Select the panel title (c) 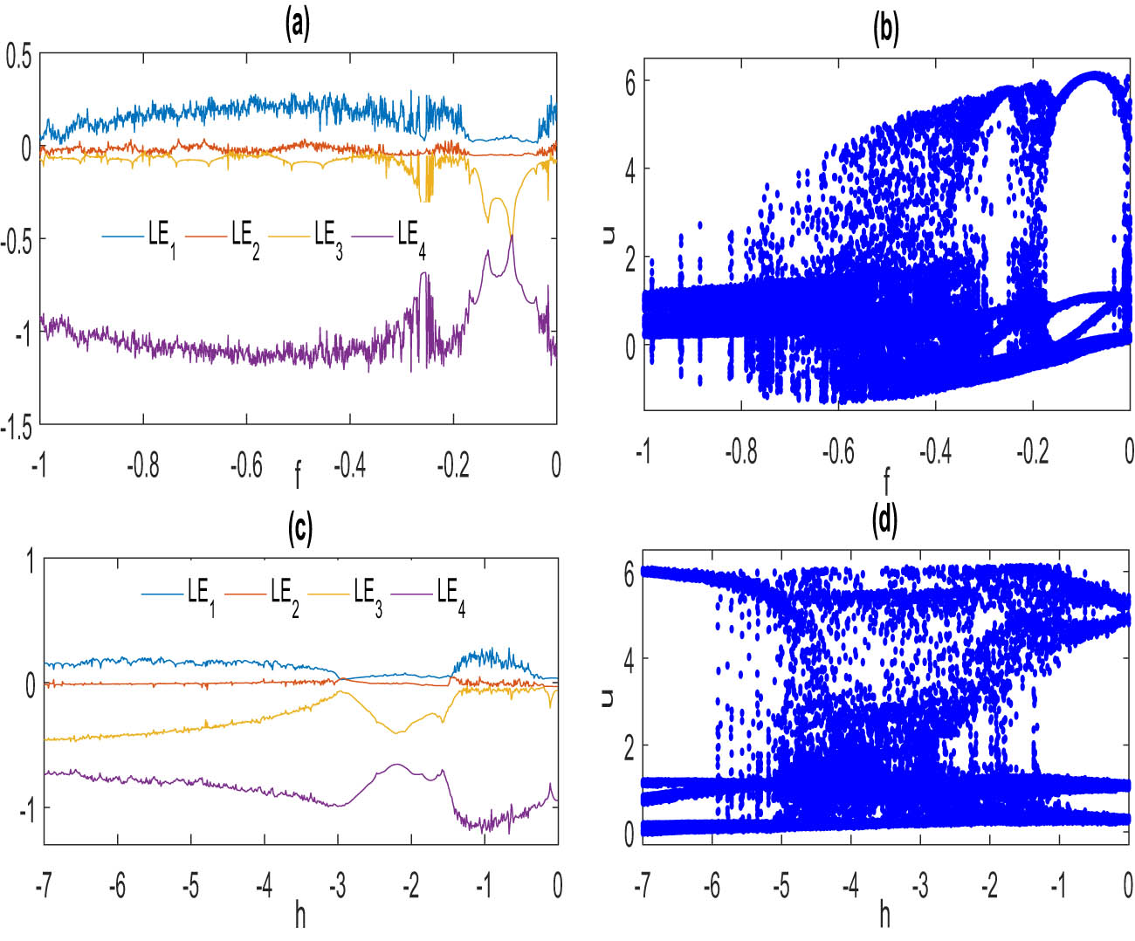299,530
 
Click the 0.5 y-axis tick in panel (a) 18,57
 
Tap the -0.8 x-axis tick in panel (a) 143,466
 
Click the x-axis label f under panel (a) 298,476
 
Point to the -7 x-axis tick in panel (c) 44,887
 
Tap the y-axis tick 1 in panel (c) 31,561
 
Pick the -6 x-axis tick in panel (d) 712,887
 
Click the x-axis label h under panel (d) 885,915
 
